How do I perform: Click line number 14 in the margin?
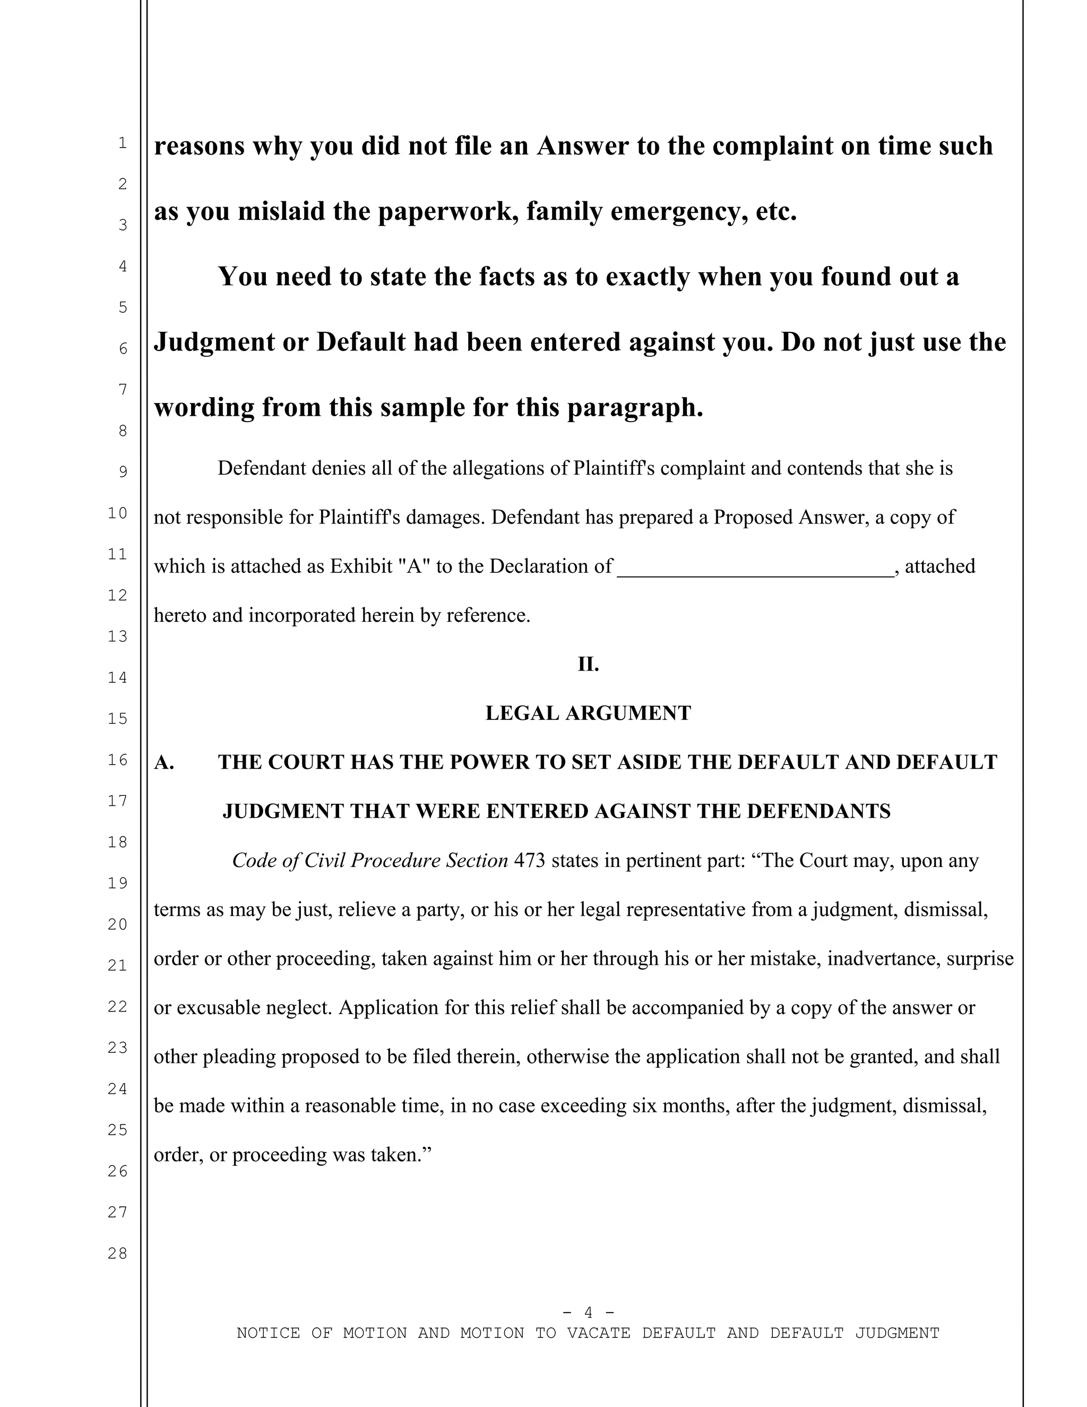117,677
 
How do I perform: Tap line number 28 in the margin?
117,1253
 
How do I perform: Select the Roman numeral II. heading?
588,664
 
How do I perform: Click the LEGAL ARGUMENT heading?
588,713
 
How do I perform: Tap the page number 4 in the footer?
588,1312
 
